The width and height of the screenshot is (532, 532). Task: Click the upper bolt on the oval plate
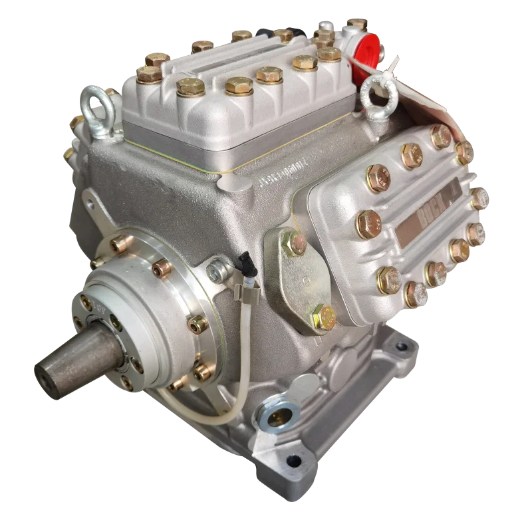292,245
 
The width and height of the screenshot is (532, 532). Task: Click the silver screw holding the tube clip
216,269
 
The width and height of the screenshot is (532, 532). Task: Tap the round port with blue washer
275,416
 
